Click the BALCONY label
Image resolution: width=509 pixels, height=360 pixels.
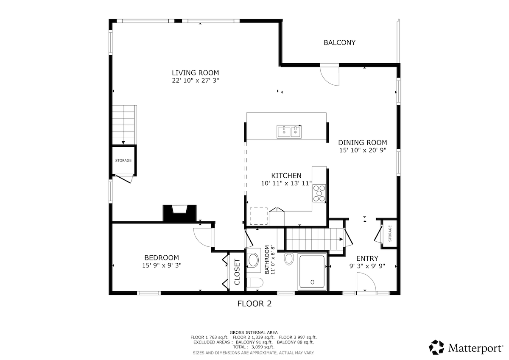(x=339, y=43)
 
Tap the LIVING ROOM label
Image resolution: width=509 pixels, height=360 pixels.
(x=196, y=73)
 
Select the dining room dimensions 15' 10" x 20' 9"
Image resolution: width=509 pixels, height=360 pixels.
(x=363, y=151)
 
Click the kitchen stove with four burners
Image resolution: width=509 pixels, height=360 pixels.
(x=319, y=193)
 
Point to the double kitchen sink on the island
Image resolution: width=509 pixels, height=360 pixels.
(x=289, y=132)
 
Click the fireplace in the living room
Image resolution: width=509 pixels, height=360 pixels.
(x=179, y=213)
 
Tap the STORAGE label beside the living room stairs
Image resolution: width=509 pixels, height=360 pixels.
(x=123, y=161)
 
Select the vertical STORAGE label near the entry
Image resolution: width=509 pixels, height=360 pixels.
(x=390, y=234)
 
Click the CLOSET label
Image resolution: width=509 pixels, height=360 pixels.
(x=237, y=272)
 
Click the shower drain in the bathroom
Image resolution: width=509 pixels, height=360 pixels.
(x=313, y=282)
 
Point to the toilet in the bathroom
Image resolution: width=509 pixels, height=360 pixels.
(x=255, y=283)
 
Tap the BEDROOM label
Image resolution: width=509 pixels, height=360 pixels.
(x=162, y=258)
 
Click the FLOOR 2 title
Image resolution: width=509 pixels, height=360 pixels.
(x=255, y=304)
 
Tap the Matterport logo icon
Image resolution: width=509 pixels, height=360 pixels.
(x=436, y=347)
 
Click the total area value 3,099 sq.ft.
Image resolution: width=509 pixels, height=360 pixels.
(x=263, y=347)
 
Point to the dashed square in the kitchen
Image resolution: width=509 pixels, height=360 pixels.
(x=259, y=216)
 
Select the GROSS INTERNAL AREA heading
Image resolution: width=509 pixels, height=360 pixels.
(x=254, y=332)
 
